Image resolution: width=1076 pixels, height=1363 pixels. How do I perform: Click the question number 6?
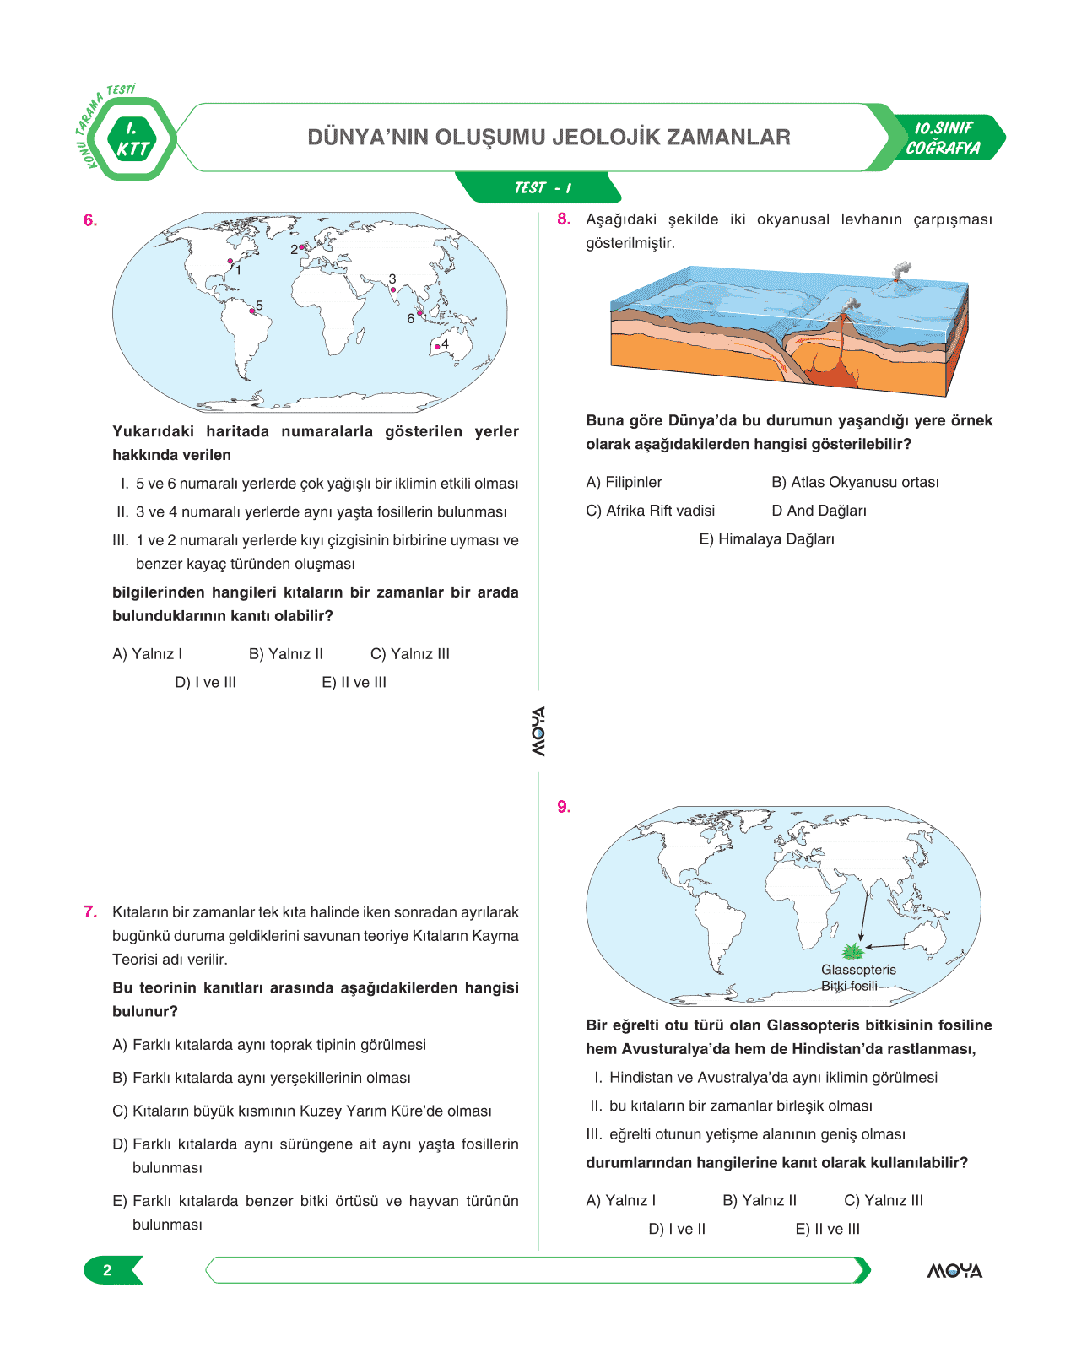pos(90,221)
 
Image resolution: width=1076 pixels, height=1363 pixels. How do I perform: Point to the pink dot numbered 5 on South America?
pos(252,311)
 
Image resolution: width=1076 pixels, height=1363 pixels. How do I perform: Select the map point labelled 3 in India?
pos(393,289)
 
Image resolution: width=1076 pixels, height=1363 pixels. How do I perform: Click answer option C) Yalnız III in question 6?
pos(409,654)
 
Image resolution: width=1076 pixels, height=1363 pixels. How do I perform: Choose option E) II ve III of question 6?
pos(354,683)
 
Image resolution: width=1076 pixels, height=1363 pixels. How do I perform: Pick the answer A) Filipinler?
pos(624,483)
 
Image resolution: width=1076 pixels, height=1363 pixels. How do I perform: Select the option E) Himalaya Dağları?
pos(766,539)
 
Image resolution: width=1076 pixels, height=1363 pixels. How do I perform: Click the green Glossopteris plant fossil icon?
pos(853,952)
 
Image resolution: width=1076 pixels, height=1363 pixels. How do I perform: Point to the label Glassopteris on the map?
pos(858,970)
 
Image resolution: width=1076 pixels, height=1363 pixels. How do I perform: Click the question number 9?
pos(564,808)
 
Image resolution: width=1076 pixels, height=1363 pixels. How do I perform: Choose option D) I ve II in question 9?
pos(677,1230)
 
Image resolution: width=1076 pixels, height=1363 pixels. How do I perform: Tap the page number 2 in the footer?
pos(107,1270)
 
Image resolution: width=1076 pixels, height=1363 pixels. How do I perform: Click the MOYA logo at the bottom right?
pos(954,1271)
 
